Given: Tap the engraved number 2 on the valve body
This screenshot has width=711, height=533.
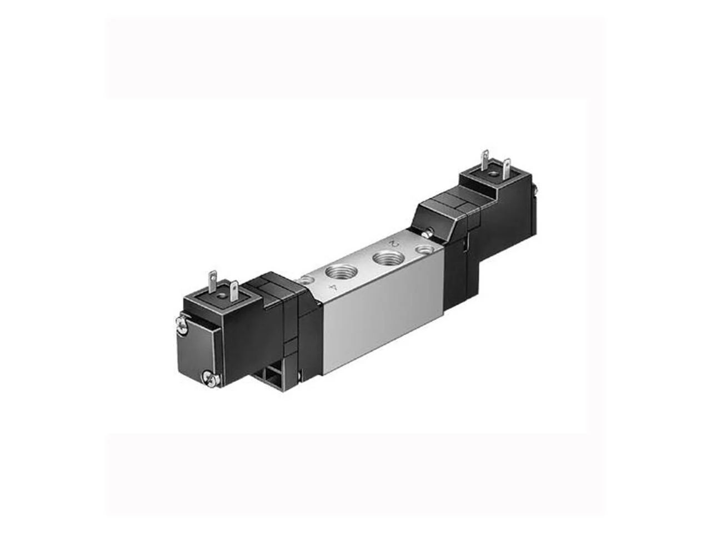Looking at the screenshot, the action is [394, 243].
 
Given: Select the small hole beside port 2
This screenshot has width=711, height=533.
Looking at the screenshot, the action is [424, 249].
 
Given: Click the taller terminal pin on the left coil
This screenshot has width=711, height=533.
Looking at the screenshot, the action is [212, 281].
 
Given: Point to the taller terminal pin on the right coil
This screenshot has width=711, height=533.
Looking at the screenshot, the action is [485, 160].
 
